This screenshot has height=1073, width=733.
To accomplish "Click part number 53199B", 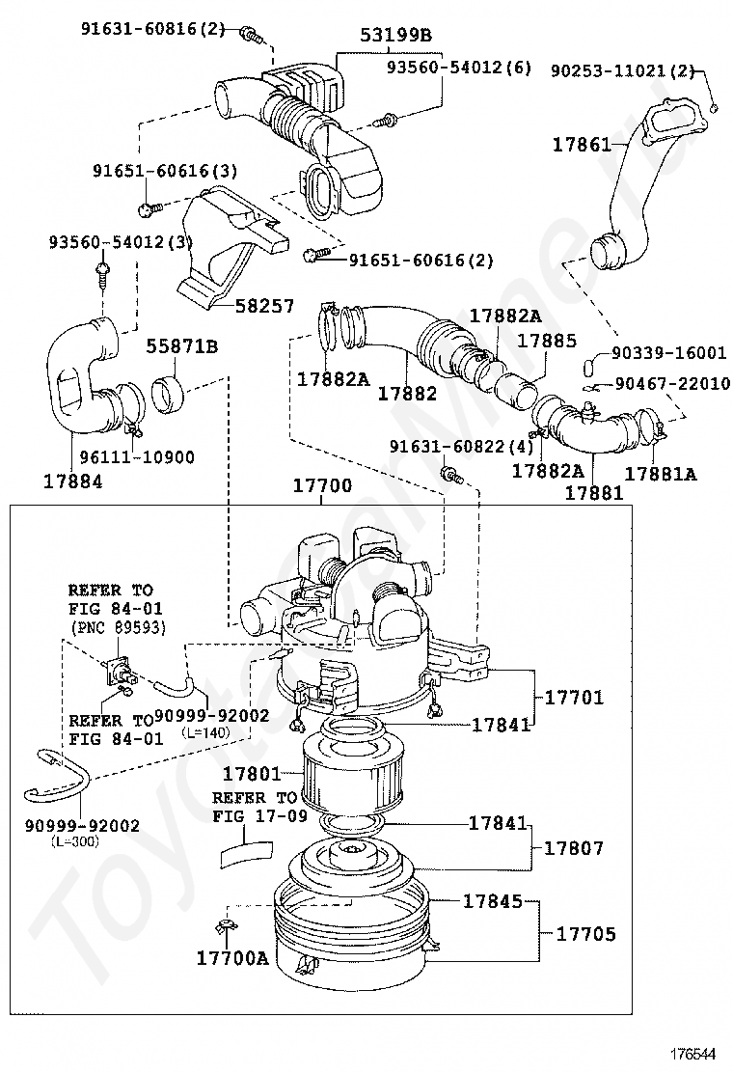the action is [x=395, y=34].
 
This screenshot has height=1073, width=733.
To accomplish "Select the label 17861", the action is [x=582, y=145].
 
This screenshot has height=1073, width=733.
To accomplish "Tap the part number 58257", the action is [x=264, y=306].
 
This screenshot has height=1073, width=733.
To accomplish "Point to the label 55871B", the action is [x=182, y=347].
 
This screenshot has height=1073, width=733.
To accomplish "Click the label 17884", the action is [x=73, y=481].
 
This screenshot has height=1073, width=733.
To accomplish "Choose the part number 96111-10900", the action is [x=137, y=457].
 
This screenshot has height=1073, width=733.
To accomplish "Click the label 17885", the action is [x=547, y=340].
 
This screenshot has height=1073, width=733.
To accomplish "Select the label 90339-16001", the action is [x=668, y=352].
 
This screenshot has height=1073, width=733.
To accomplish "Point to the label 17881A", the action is [x=661, y=473].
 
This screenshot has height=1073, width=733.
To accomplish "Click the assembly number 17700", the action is [x=323, y=486].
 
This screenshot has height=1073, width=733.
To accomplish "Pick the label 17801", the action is [x=252, y=774].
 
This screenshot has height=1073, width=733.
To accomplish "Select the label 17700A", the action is [x=232, y=958].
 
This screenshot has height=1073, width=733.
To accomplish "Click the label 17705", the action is [x=586, y=933].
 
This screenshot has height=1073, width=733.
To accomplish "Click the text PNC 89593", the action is [x=119, y=627].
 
